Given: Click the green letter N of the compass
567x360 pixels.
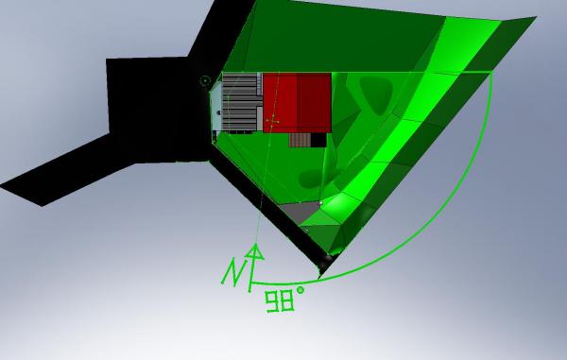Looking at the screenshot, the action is [x=232, y=271].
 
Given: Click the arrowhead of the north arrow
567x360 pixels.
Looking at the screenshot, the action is [x=255, y=252].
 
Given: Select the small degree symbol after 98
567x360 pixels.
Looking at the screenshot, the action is [x=301, y=290].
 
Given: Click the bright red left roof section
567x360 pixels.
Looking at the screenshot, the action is [x=281, y=102].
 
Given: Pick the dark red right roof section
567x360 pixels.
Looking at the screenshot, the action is [x=315, y=102].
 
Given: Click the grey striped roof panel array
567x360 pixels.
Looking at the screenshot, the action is [x=240, y=102].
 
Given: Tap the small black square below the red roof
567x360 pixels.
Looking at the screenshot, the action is [x=318, y=140].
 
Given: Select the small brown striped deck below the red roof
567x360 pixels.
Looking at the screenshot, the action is [x=300, y=140].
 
